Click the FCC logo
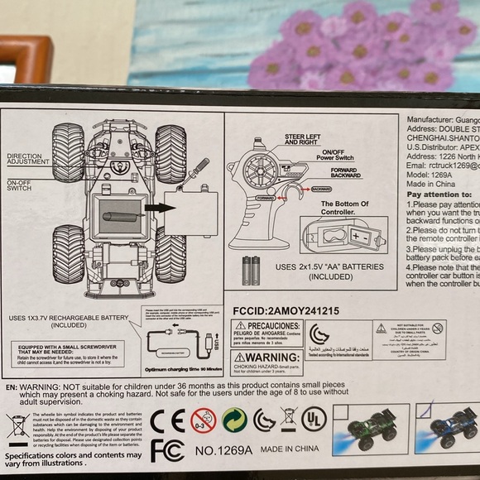point(167,451)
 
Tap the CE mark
point(167,420)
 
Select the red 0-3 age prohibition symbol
point(203,420)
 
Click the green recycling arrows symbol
point(234,420)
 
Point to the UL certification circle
point(314,419)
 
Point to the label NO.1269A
point(223,451)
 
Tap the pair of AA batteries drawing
point(251,270)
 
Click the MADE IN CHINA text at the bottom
point(289,451)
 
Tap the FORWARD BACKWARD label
point(345,173)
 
